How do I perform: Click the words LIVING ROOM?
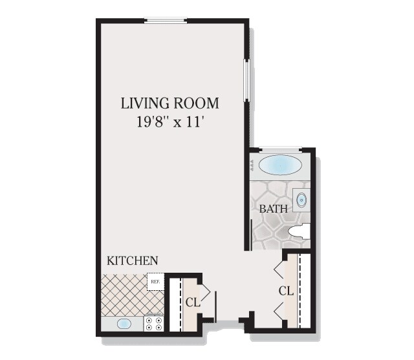[x=170, y=103]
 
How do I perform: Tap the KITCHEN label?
[x=133, y=261]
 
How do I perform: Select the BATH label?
[x=273, y=209]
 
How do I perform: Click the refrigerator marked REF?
[x=155, y=282]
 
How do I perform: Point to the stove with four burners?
[x=154, y=323]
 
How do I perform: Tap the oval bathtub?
[x=279, y=165]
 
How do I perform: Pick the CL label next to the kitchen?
[x=192, y=302]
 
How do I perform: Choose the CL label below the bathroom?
[x=286, y=291]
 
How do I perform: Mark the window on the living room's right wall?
[x=246, y=80]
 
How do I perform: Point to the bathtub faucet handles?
[x=252, y=165]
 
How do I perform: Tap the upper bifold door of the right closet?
[x=279, y=266]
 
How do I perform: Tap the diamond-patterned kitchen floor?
[x=123, y=294]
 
